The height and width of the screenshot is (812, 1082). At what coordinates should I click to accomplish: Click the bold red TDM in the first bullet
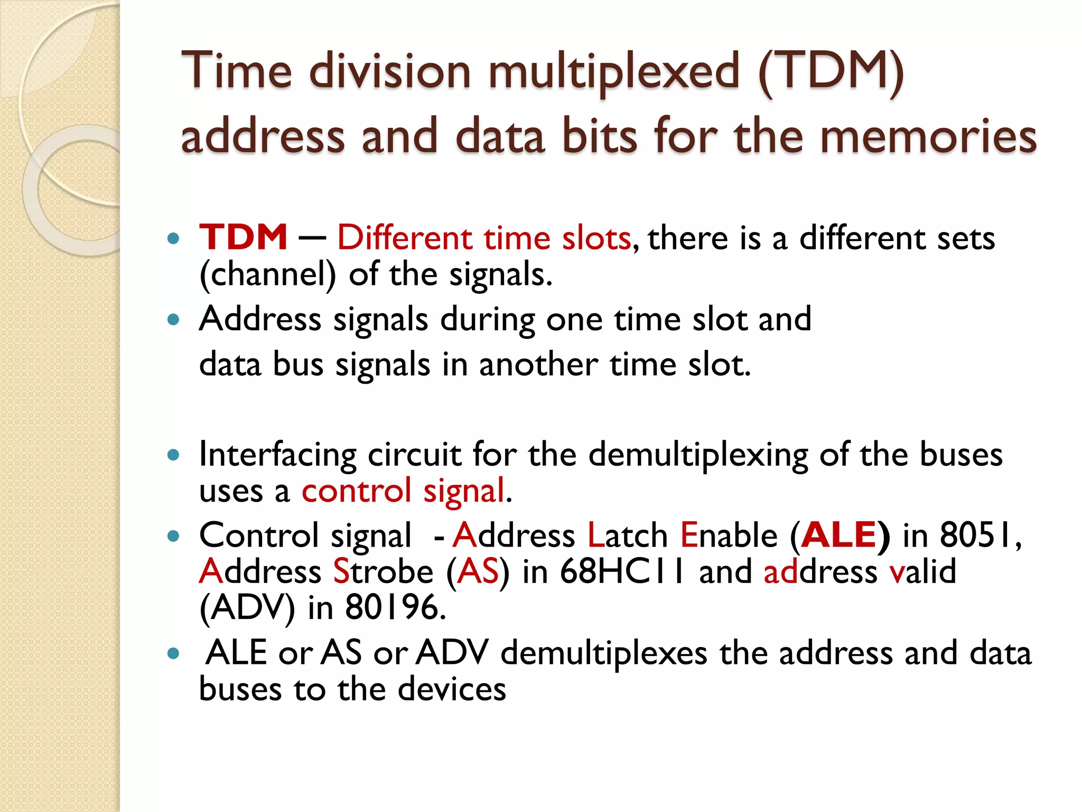[x=243, y=237]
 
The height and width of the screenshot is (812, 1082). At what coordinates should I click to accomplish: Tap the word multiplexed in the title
[x=613, y=73]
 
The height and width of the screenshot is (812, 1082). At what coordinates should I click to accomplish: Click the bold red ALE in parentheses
[x=840, y=535]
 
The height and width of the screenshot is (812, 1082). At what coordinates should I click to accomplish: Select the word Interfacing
[x=278, y=455]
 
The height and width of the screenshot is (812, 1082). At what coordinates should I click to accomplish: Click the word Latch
[x=628, y=535]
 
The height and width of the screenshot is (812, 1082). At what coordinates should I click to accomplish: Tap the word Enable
[x=729, y=535]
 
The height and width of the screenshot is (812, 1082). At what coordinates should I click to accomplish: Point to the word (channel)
[x=267, y=275]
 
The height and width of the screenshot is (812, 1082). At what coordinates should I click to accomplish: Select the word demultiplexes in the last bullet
[x=603, y=653]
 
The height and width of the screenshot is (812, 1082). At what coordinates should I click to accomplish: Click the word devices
[x=452, y=689]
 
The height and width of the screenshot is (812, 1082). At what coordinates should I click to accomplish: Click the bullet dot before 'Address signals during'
[x=173, y=319]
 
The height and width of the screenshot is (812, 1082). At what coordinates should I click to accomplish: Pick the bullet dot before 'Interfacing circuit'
[x=173, y=455]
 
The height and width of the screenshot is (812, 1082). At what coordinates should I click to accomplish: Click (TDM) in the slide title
[x=831, y=73]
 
